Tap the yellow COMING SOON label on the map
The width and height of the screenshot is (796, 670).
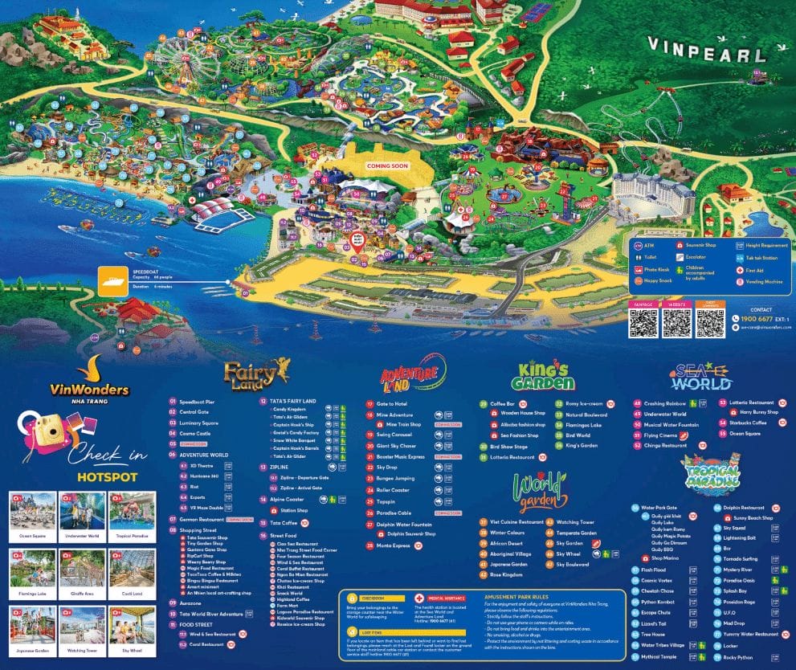(387, 166)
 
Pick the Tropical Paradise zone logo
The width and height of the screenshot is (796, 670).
(709, 474)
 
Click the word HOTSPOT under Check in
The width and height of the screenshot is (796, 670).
(107, 476)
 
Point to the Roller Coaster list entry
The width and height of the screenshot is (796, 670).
(394, 490)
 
